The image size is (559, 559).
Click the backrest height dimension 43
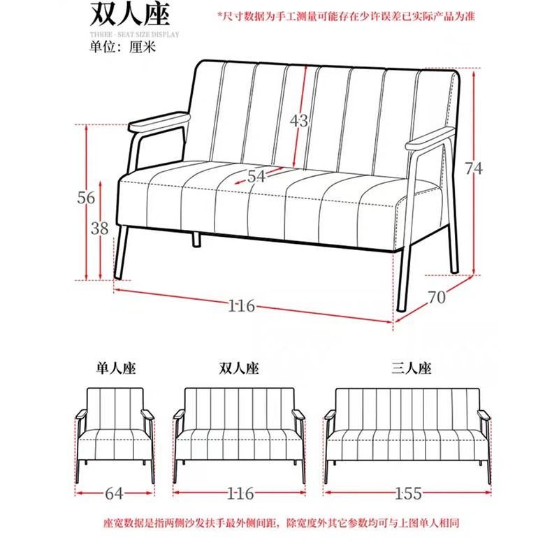298,121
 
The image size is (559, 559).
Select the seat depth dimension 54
256,177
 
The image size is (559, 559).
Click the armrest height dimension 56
86,198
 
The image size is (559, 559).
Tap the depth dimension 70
436,296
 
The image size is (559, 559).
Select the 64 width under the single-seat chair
115,494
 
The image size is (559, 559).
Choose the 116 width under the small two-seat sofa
240,494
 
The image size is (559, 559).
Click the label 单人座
115,367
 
